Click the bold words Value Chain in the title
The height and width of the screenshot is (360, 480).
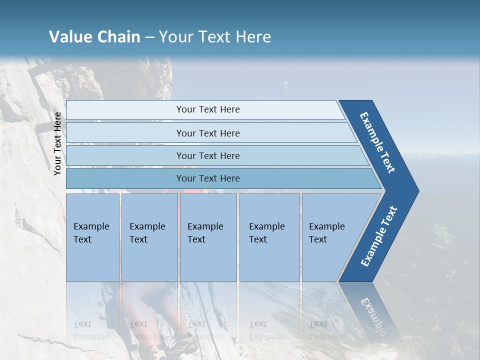point(94,37)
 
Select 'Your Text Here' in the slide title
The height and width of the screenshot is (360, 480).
point(215,37)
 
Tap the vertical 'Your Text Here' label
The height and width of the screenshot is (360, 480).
point(57,143)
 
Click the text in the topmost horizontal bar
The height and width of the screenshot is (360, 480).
point(208,109)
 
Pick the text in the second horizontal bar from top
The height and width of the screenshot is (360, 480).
point(208,133)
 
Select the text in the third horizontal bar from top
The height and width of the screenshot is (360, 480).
point(208,155)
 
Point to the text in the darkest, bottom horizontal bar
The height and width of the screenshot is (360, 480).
point(208,178)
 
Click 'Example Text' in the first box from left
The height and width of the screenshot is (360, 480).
point(91,232)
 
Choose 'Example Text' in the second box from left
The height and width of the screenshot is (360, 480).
point(147,232)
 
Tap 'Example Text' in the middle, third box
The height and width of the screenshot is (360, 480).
point(205,232)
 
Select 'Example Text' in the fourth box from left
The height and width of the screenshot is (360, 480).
point(266,232)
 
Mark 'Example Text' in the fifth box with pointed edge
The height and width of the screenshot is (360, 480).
point(326,232)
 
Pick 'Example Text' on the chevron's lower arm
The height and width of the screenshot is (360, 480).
point(379,236)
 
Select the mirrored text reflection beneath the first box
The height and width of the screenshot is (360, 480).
point(91,330)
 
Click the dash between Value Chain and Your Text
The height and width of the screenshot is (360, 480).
point(149,37)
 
